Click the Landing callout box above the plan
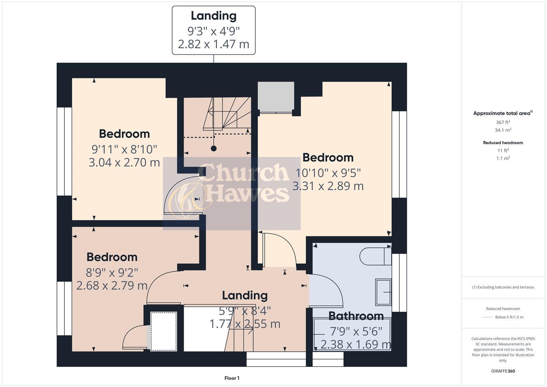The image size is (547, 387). [213, 30]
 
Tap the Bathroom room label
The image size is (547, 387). [356, 316]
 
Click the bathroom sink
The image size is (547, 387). [383, 292]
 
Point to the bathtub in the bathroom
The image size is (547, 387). [352, 335]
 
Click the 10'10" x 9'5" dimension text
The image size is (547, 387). [328, 173]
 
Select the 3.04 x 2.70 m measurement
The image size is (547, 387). [124, 162]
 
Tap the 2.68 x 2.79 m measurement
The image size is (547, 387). [112, 286]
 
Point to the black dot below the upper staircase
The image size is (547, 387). [214, 148]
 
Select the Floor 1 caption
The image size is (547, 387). [232, 378]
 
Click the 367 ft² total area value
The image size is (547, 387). [503, 122]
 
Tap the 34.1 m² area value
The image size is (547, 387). [503, 130]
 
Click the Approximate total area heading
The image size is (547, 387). [503, 113]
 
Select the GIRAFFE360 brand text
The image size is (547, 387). [503, 371]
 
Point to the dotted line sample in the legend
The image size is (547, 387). [488, 317]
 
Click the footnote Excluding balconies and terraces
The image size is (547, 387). [503, 287]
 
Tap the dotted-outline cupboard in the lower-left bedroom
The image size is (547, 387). [164, 331]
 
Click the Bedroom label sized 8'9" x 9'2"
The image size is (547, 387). [112, 257]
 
